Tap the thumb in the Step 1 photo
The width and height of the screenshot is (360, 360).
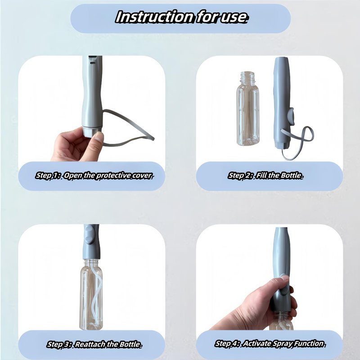coord(95,142)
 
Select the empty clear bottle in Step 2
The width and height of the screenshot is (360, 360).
coord(248,108)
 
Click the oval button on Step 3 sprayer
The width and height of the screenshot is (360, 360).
coord(89,234)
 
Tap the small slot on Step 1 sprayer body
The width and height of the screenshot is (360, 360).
coord(92,63)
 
